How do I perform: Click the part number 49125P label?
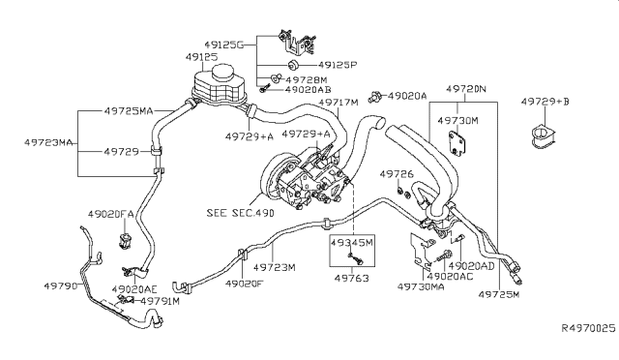338,65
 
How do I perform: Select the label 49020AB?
308,90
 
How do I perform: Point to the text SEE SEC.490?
240,213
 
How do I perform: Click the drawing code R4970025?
589,328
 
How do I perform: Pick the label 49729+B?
545,102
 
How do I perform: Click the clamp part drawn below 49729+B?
544,136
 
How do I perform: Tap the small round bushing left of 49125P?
292,65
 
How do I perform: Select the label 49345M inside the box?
352,242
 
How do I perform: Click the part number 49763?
351,279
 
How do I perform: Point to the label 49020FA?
110,215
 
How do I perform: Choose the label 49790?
61,285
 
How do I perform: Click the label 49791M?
161,302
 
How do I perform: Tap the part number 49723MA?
48,142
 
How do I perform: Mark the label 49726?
397,174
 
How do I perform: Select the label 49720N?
466,89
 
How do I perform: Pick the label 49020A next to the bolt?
407,96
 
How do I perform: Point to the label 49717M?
339,103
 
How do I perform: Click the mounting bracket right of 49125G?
297,43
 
